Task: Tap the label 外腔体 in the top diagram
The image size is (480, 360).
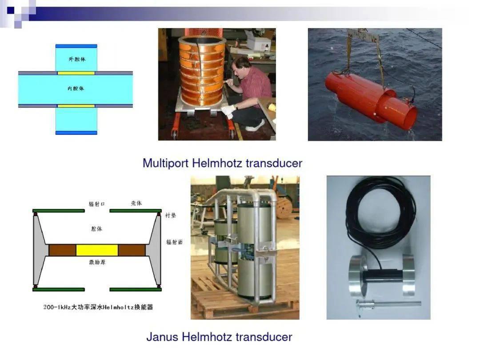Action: pos(76,59)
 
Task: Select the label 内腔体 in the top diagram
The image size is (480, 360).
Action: pos(76,88)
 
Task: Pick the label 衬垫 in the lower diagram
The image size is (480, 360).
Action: pos(171,215)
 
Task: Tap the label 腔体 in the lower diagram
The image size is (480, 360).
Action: pos(96,228)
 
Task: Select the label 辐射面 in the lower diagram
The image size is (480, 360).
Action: pos(174,242)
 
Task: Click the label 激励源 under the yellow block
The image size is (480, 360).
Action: pos(97,262)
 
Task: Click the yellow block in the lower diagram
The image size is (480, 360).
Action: pos(97,250)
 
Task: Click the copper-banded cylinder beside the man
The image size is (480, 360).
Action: pos(202,71)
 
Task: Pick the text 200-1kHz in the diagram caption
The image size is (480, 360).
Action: pos(56,307)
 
